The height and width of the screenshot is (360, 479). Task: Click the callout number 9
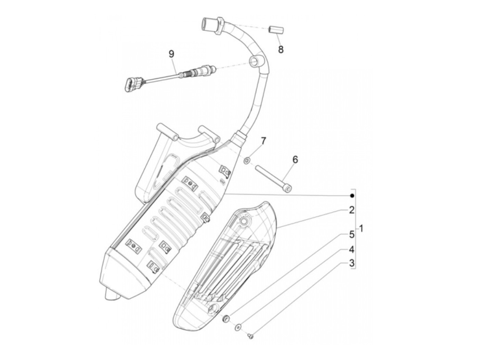tap(171, 54)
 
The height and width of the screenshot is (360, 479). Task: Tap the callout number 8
tap(281, 49)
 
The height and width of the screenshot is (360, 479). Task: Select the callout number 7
tap(263, 141)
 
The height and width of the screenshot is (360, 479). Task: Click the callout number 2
tap(351, 210)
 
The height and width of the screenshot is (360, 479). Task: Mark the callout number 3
tap(351, 263)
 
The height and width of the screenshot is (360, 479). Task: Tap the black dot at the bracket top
tap(351, 196)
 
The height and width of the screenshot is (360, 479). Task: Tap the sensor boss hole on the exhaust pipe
tap(254, 62)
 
